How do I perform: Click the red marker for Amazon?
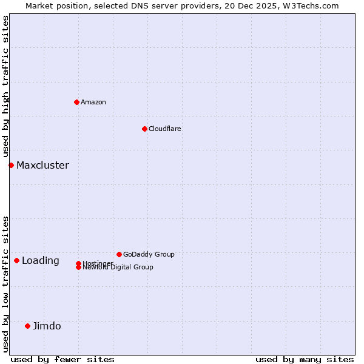coord(76,102)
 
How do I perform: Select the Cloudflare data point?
coord(144,129)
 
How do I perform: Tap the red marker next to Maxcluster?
coord(11,165)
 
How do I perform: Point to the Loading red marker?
coord(16,260)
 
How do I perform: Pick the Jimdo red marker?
coord(27,326)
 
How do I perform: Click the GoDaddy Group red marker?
coord(119,254)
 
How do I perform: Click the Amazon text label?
coord(93,102)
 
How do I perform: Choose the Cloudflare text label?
coord(165,129)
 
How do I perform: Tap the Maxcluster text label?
coord(42,165)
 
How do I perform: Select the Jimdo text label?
coord(47,326)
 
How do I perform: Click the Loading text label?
coord(41,260)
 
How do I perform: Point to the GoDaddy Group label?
coord(149,254)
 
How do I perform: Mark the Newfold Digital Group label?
coord(118,267)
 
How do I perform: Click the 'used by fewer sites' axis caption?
coord(62,359)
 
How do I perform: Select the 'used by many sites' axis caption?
coord(305,359)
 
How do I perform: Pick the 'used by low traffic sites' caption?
coord(5,283)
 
